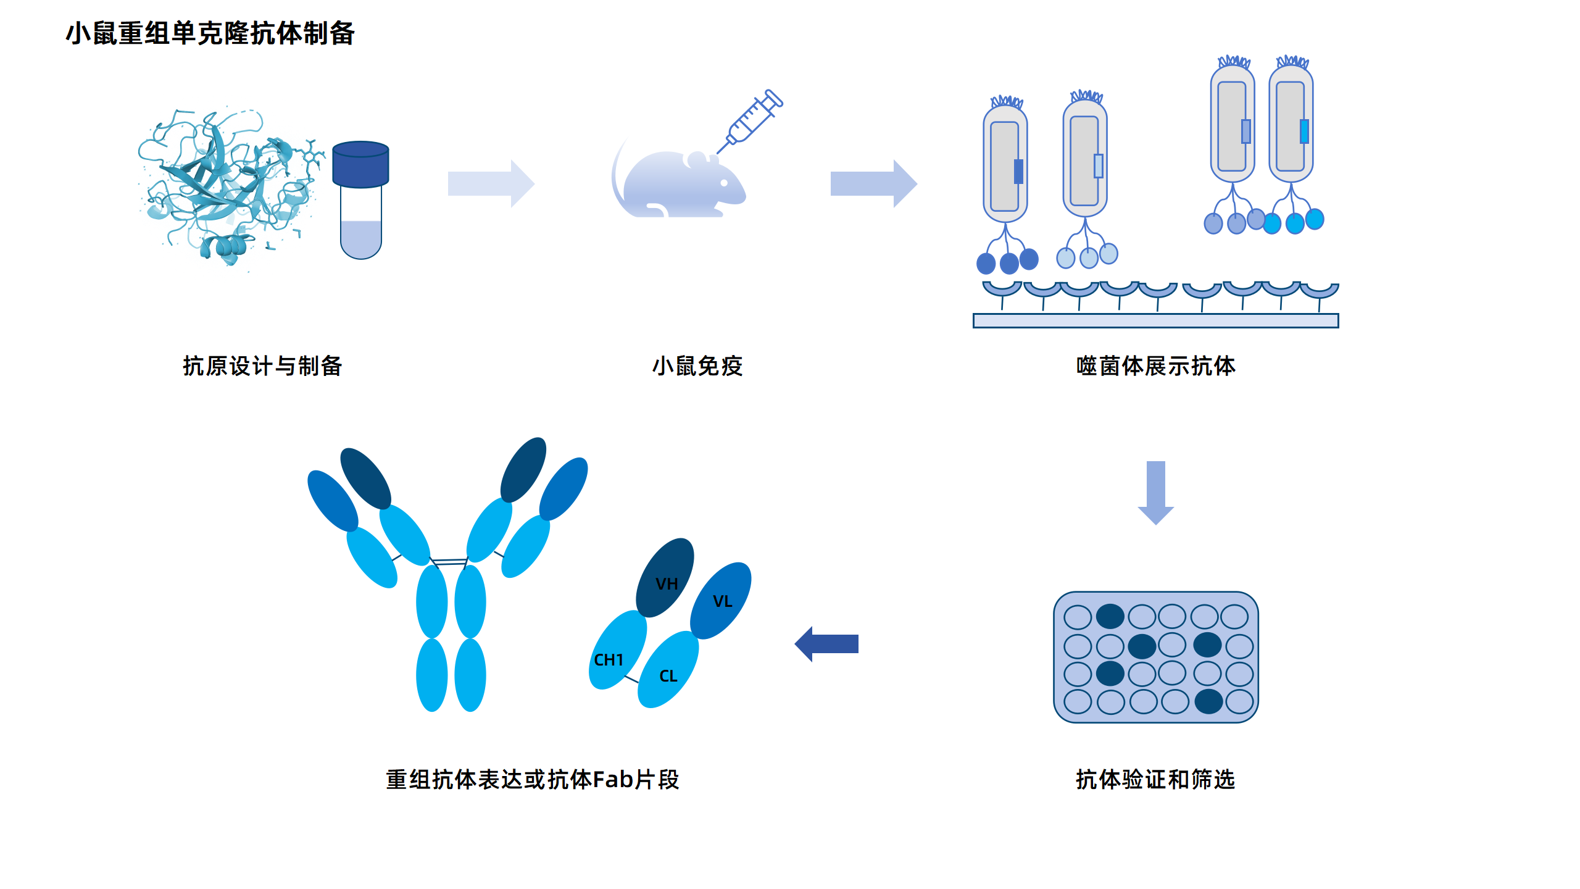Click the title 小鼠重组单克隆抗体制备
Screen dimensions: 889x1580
click(210, 33)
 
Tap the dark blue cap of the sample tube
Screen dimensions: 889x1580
click(360, 164)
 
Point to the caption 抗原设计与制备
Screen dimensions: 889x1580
click(262, 366)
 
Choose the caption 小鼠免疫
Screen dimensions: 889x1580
click(697, 366)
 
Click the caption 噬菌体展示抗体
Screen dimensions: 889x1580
click(1155, 366)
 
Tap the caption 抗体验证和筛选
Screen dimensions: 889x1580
click(1155, 780)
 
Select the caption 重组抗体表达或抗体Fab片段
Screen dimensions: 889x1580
click(532, 780)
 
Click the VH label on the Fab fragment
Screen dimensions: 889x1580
click(667, 584)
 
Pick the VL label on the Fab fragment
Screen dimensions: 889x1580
click(722, 601)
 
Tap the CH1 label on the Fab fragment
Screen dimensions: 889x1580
click(609, 660)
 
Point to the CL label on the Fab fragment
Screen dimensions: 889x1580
click(668, 676)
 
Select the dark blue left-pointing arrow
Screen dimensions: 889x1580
click(827, 644)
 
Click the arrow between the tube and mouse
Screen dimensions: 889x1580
click(491, 184)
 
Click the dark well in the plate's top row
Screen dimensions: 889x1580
click(1110, 616)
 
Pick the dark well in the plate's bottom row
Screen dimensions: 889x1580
click(1208, 701)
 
